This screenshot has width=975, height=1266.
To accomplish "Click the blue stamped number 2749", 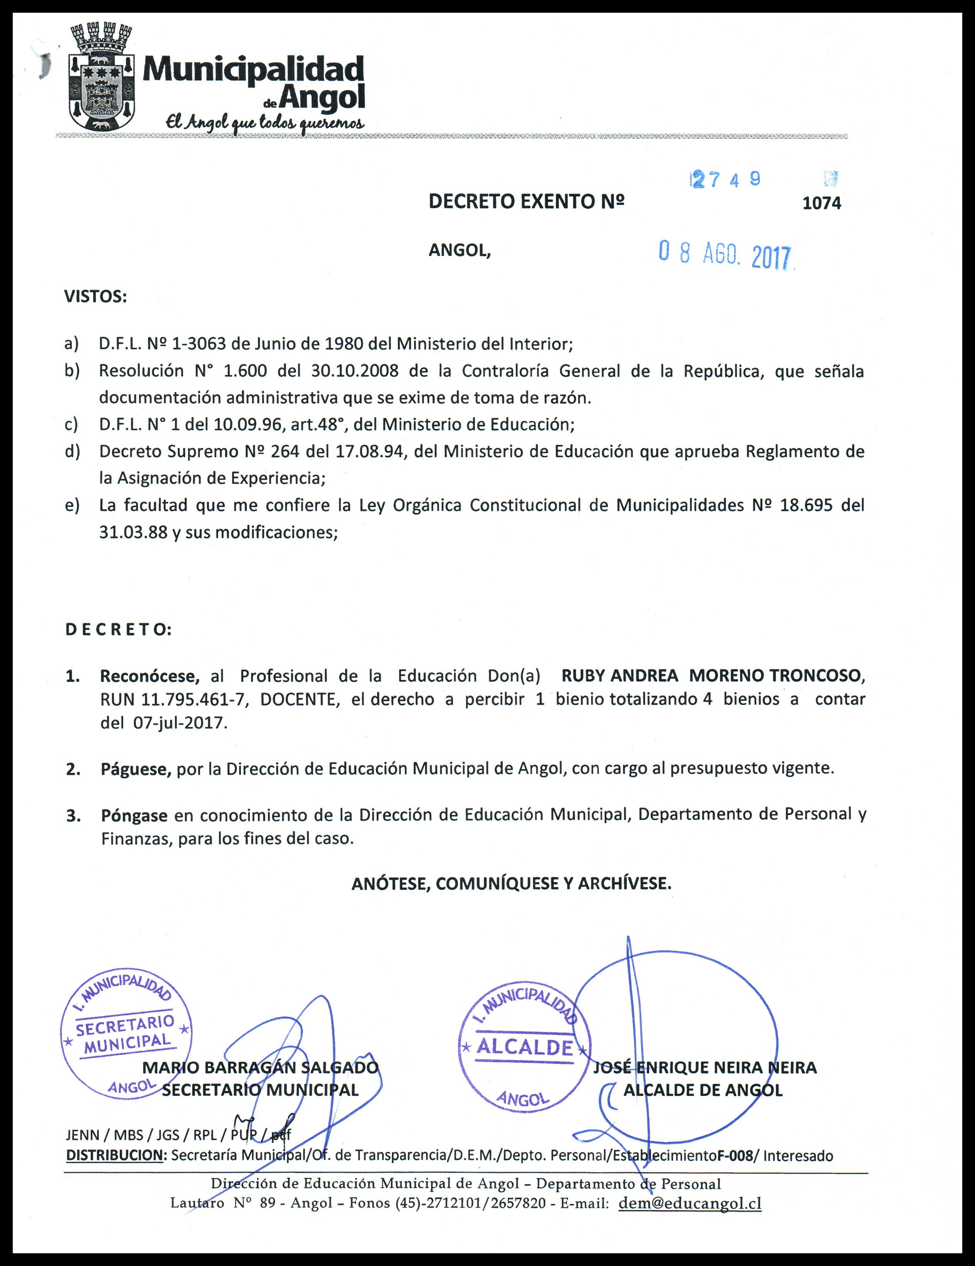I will pyautogui.click(x=725, y=180).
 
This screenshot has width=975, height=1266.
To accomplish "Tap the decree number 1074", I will pyautogui.click(x=821, y=203).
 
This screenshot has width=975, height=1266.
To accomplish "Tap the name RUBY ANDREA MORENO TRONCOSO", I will pyautogui.click(x=712, y=676).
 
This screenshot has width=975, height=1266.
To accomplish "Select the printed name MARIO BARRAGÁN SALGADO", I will pyautogui.click(x=260, y=1067).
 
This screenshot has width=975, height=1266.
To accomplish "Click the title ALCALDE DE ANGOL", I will pyautogui.click(x=703, y=1090).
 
